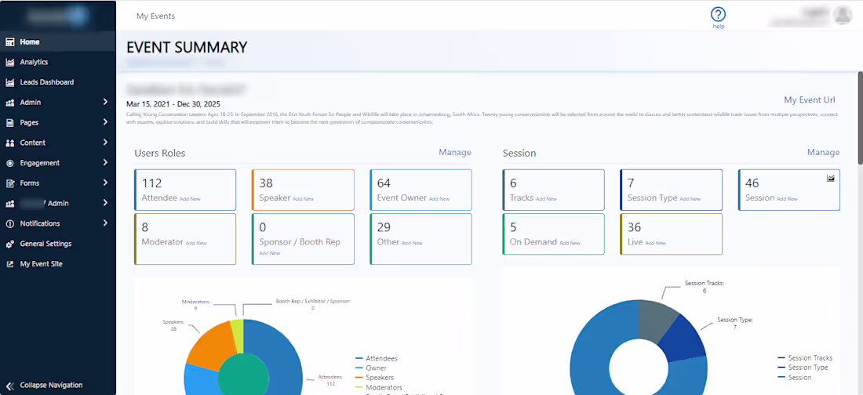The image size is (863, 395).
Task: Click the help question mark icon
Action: click(718, 14)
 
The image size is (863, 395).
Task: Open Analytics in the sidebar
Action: click(34, 62)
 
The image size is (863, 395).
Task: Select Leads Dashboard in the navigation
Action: click(46, 82)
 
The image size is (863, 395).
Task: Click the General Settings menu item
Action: click(46, 244)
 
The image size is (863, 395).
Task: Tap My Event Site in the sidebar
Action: click(41, 264)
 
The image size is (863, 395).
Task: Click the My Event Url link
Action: click(810, 100)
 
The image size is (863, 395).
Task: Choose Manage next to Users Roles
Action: click(455, 152)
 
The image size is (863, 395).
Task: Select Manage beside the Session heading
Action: click(823, 152)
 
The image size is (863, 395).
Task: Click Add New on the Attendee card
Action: click(190, 199)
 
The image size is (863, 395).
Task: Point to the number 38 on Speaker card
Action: click(266, 183)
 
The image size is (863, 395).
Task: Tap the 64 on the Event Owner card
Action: click(384, 183)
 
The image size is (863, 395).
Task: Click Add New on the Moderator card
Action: click(196, 243)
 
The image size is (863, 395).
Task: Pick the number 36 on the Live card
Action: click(634, 227)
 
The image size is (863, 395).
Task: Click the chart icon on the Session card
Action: click(831, 179)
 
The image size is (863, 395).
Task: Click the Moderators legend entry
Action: click(383, 387)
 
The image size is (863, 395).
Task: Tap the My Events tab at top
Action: click(155, 16)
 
